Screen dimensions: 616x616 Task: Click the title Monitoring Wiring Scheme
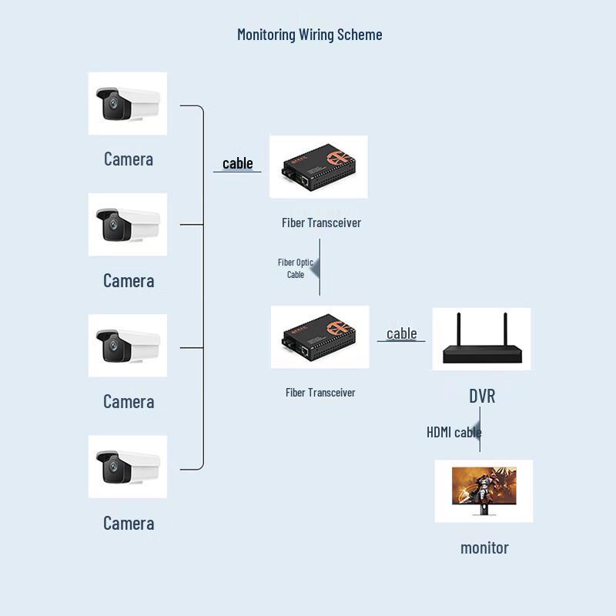point(310,35)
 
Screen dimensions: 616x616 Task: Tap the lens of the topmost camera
point(113,103)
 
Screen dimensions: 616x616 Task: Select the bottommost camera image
point(128,467)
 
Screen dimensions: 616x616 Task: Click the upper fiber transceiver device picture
point(319,167)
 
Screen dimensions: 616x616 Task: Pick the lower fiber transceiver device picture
point(320,337)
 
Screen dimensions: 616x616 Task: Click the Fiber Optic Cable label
point(296,268)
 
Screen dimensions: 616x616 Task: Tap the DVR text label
point(482,396)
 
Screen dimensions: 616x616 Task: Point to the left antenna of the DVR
point(458,330)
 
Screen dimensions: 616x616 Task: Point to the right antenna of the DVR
point(505,330)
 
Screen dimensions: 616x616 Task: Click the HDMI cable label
point(454,432)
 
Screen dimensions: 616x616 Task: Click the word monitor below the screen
point(484,548)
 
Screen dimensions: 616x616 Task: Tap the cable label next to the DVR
point(401,333)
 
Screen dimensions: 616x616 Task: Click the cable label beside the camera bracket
point(238,163)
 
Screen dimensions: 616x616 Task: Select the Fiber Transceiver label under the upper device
point(321,223)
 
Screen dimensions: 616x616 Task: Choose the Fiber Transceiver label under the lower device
point(320,393)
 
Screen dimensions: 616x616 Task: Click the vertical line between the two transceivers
point(320,267)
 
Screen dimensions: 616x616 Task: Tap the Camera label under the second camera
point(129,280)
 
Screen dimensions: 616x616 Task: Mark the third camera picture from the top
point(128,346)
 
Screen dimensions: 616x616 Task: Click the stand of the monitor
point(484,510)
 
